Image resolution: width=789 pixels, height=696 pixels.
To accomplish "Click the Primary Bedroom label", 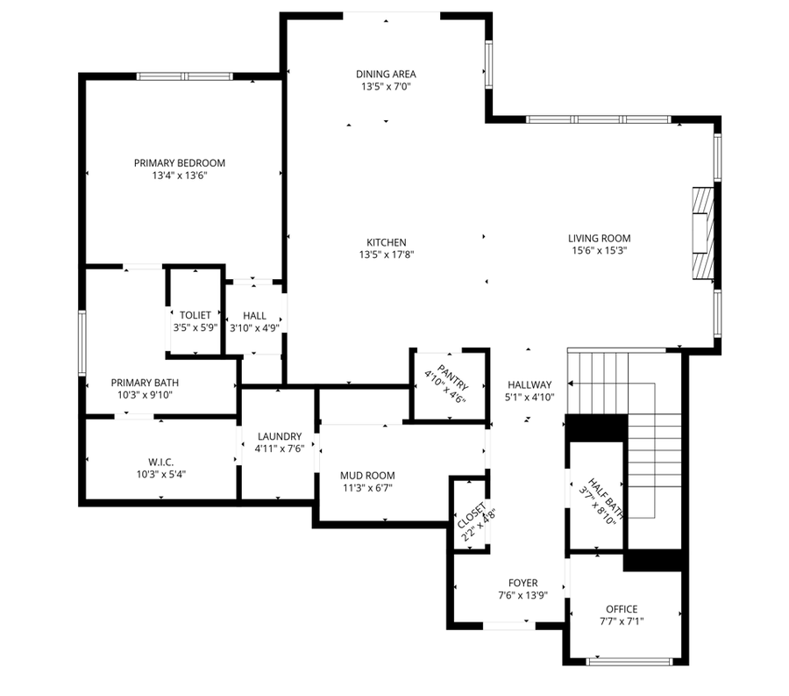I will click(179, 163).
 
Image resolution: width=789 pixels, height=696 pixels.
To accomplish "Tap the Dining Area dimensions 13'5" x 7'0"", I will click(386, 87).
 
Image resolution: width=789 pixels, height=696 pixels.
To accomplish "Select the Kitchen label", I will click(386, 242).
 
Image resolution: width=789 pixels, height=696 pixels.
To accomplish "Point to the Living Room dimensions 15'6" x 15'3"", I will click(599, 250).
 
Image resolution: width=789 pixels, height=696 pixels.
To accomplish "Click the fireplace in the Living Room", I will click(701, 232).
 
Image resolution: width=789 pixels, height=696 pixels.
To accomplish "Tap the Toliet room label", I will click(195, 315).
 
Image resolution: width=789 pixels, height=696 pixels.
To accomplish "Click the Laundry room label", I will click(279, 436).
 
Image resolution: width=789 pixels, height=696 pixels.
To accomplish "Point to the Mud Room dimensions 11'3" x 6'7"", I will click(366, 488).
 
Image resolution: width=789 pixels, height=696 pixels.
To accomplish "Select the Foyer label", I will click(522, 583).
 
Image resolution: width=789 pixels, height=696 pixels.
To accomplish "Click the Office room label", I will click(622, 609).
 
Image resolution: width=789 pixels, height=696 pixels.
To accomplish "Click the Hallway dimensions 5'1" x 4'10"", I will click(529, 397).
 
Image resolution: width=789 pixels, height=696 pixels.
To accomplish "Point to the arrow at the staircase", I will click(572, 384).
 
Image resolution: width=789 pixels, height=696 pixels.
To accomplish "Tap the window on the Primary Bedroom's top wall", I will click(184, 76).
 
